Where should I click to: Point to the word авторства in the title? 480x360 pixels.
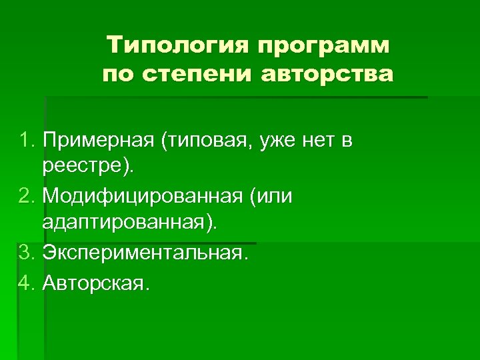coord(327,74)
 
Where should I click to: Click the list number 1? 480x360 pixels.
coord(27,141)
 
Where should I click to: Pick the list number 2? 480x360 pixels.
coord(27,198)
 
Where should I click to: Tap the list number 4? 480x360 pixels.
coord(27,284)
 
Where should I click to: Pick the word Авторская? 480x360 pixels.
coord(96,284)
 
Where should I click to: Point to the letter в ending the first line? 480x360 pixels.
coord(347,141)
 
